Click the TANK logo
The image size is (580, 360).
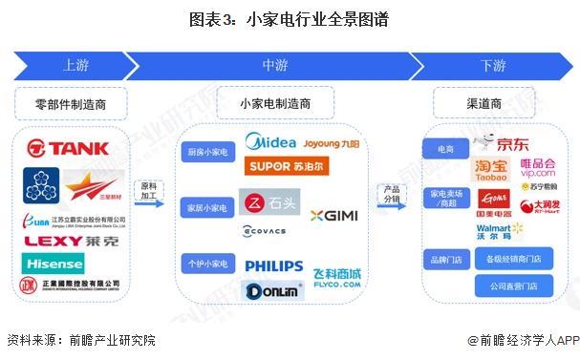tap(69, 148)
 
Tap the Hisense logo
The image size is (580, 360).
tap(54, 262)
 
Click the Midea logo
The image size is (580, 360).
tap(270, 142)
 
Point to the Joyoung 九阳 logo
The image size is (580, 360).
tap(333, 144)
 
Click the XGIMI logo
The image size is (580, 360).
tap(333, 216)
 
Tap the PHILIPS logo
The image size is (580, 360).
tap(273, 266)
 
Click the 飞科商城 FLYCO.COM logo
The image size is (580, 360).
tap(336, 278)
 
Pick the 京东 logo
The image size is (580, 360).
tap(505, 144)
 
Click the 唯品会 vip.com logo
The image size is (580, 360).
tap(537, 169)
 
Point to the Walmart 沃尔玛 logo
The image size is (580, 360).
tap(500, 231)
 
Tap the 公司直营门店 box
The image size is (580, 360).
tap(513, 285)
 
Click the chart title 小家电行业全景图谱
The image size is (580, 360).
tap(290, 19)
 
